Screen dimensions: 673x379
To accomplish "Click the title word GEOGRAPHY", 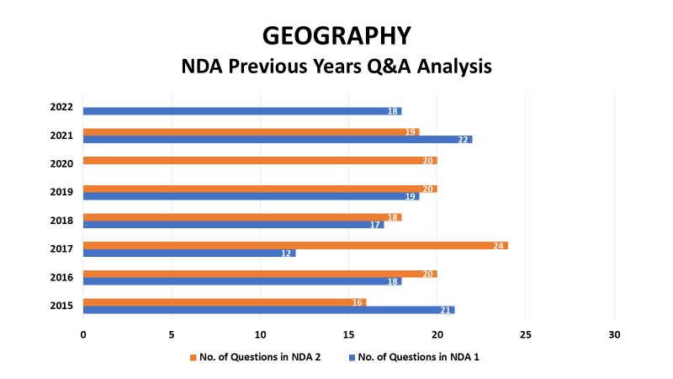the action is coord(336,35).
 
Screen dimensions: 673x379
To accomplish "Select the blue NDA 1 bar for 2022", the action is coord(242,111).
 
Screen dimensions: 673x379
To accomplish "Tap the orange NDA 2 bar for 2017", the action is coord(295,246).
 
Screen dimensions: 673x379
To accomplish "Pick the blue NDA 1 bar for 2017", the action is coord(189,254).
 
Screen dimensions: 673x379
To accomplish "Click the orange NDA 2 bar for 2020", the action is coord(260,161).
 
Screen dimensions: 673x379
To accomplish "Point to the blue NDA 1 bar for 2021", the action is coord(278,140).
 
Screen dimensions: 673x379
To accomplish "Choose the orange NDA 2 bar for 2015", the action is coord(225,302).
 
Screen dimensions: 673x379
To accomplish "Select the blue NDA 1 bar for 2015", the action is coord(268,310).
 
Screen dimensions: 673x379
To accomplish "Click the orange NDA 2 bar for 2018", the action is coord(242,217).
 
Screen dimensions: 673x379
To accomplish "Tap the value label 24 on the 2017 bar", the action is coord(498,246).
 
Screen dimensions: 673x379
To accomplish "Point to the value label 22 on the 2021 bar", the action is coord(463,140).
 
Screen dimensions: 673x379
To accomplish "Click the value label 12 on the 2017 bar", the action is coord(286,254).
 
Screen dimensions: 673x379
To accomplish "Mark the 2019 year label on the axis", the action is coord(61,192).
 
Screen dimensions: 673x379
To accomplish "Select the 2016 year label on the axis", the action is coord(61,278).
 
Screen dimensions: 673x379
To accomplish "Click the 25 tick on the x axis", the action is coord(526,334).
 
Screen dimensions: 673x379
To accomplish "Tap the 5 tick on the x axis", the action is coord(172,334).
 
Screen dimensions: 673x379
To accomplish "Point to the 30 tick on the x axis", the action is coord(614,334).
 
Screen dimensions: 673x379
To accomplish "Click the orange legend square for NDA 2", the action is coord(193,357).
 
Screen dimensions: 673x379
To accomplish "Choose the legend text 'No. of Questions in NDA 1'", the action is coord(418,357).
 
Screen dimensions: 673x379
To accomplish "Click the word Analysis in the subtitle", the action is coord(454,67).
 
